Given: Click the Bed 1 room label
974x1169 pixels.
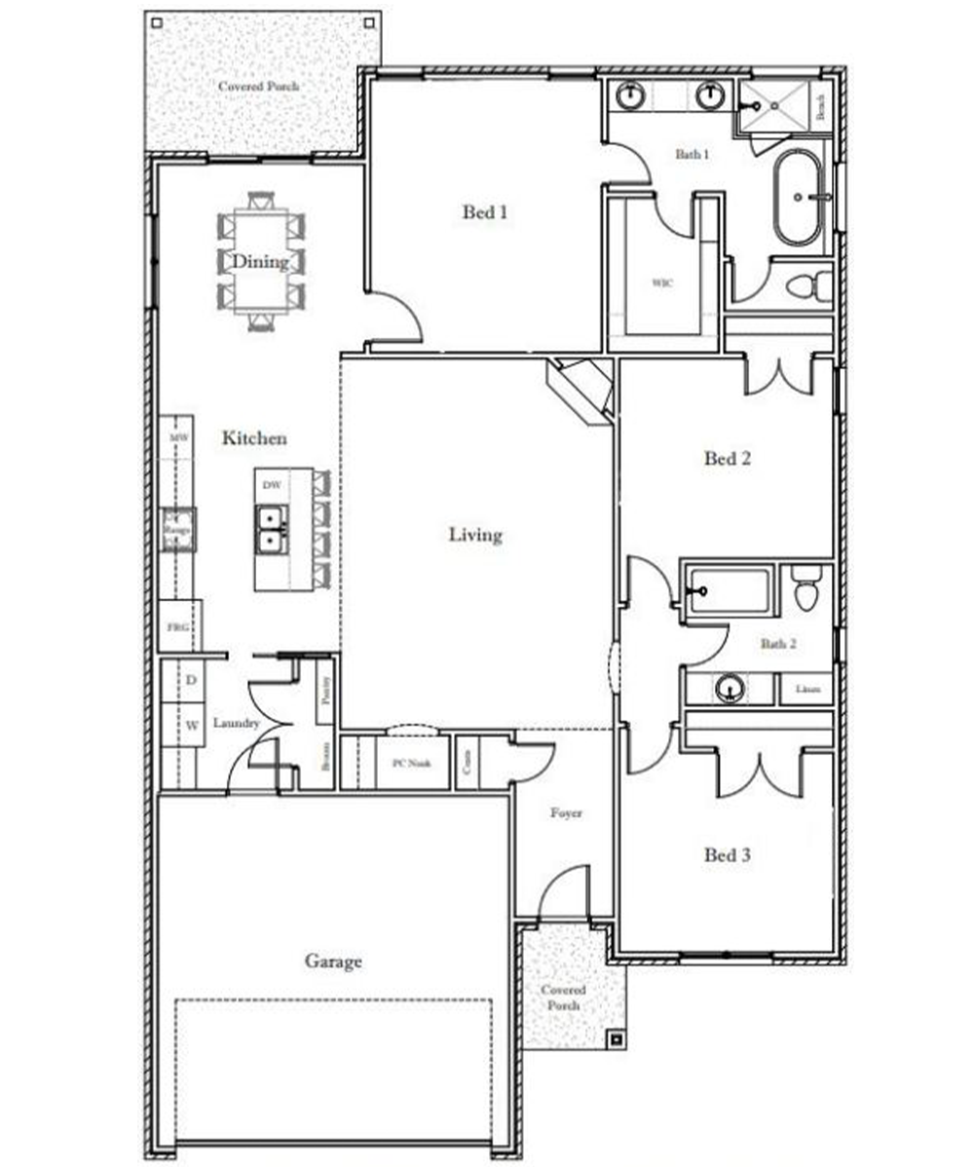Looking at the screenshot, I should pyautogui.click(x=485, y=211).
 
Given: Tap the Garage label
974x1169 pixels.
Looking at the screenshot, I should pyautogui.click(x=333, y=962).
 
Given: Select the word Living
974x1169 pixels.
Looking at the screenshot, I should pyautogui.click(x=475, y=534).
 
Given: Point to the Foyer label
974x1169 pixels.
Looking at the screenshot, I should pyautogui.click(x=566, y=812).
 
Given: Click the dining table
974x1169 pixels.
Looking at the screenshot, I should pyautogui.click(x=260, y=261).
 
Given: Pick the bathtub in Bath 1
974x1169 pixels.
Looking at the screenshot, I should pyautogui.click(x=799, y=198).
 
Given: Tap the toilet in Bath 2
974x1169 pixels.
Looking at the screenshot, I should pyautogui.click(x=805, y=589).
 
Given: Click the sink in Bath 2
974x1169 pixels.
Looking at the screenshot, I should pyautogui.click(x=730, y=689).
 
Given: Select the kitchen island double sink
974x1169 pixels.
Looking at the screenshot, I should pyautogui.click(x=270, y=529).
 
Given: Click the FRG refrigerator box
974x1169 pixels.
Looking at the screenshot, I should pyautogui.click(x=178, y=627).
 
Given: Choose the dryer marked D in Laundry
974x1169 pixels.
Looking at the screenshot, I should pyautogui.click(x=192, y=678).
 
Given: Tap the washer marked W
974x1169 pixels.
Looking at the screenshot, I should pyautogui.click(x=192, y=725).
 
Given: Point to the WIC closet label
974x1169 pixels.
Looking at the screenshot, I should pyautogui.click(x=662, y=283).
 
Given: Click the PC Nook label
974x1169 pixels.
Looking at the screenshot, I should pyautogui.click(x=411, y=763).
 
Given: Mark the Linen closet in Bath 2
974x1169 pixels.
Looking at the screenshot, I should pyautogui.click(x=806, y=689).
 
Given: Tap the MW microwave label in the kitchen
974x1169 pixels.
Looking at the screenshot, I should pyautogui.click(x=177, y=438).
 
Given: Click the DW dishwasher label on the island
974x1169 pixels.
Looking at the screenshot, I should pyautogui.click(x=272, y=484).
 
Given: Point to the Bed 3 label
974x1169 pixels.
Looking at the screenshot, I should pyautogui.click(x=727, y=855).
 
